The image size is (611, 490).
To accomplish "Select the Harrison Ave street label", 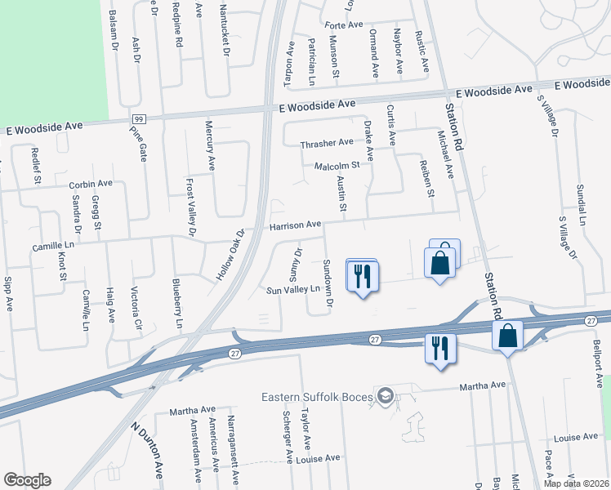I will [295, 225].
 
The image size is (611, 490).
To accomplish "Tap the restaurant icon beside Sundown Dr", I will [361, 275].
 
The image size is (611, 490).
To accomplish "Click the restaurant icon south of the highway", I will [439, 349].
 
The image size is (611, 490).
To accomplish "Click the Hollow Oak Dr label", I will [230, 256].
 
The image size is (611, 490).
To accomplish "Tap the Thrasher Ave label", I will [327, 143].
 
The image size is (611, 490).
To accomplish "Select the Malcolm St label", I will [337, 167].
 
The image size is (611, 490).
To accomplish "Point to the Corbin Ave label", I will [90, 185].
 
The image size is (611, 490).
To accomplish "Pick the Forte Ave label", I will [343, 25].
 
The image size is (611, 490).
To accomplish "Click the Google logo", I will [27, 480].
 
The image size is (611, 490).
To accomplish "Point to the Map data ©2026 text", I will [576, 483].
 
